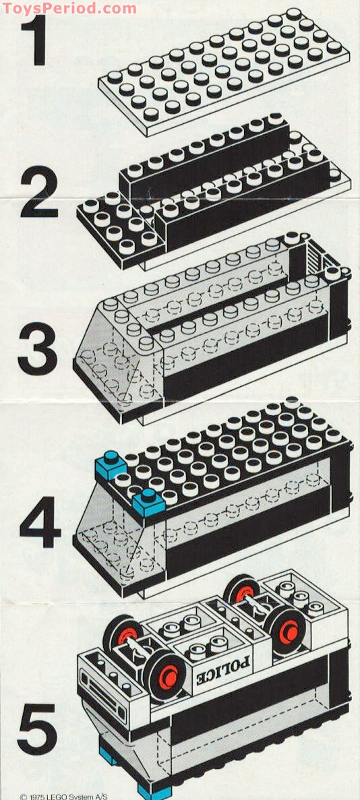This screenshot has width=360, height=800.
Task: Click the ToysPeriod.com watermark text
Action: coord(69,9)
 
